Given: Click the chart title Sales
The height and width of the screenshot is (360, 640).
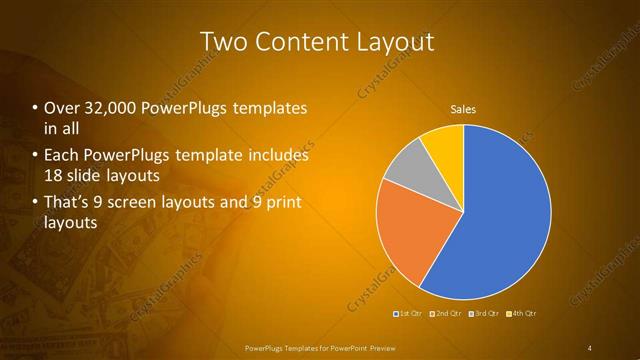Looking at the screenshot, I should (462, 108).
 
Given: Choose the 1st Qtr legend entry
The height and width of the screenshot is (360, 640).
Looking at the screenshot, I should (408, 315).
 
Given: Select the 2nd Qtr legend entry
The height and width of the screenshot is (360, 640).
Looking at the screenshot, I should (446, 315).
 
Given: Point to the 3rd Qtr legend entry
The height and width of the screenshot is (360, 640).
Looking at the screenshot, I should (485, 315).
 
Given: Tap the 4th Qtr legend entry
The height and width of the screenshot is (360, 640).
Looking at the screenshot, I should (523, 315).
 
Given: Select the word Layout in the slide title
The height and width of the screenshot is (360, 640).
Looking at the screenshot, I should (396, 42).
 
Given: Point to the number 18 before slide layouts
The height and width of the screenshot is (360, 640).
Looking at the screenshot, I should (54, 176).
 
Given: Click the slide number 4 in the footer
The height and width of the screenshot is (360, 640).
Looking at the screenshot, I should (590, 347).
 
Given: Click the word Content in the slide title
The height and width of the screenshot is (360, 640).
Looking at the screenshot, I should (304, 42).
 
